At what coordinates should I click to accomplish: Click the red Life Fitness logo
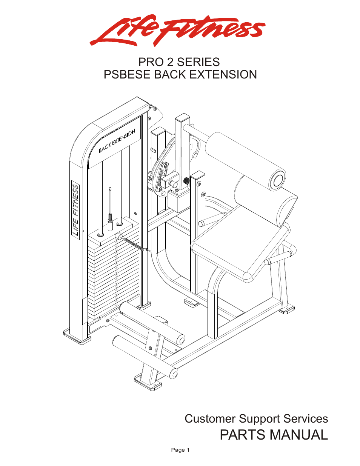pos(177,30)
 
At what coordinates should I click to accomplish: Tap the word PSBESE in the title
pos(127,75)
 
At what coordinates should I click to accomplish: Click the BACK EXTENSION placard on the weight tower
pos(117,141)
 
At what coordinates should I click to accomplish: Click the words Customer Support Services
pos(256,419)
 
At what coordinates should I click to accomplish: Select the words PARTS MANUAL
pos(274,435)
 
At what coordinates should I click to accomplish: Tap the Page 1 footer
pos(180,450)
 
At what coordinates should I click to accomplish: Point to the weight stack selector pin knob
pos(118,237)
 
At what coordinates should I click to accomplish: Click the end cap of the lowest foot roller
pos(174,374)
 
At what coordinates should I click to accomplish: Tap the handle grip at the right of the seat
pos(279,257)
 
